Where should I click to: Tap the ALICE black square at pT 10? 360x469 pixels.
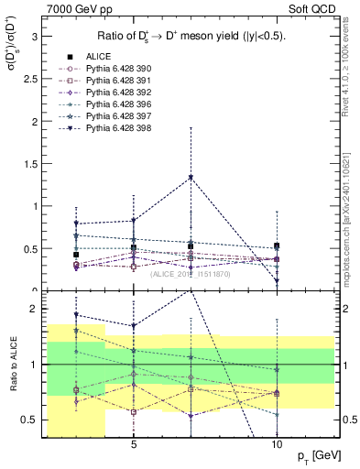point(277,245)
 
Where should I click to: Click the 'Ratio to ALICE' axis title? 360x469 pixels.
point(12,362)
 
